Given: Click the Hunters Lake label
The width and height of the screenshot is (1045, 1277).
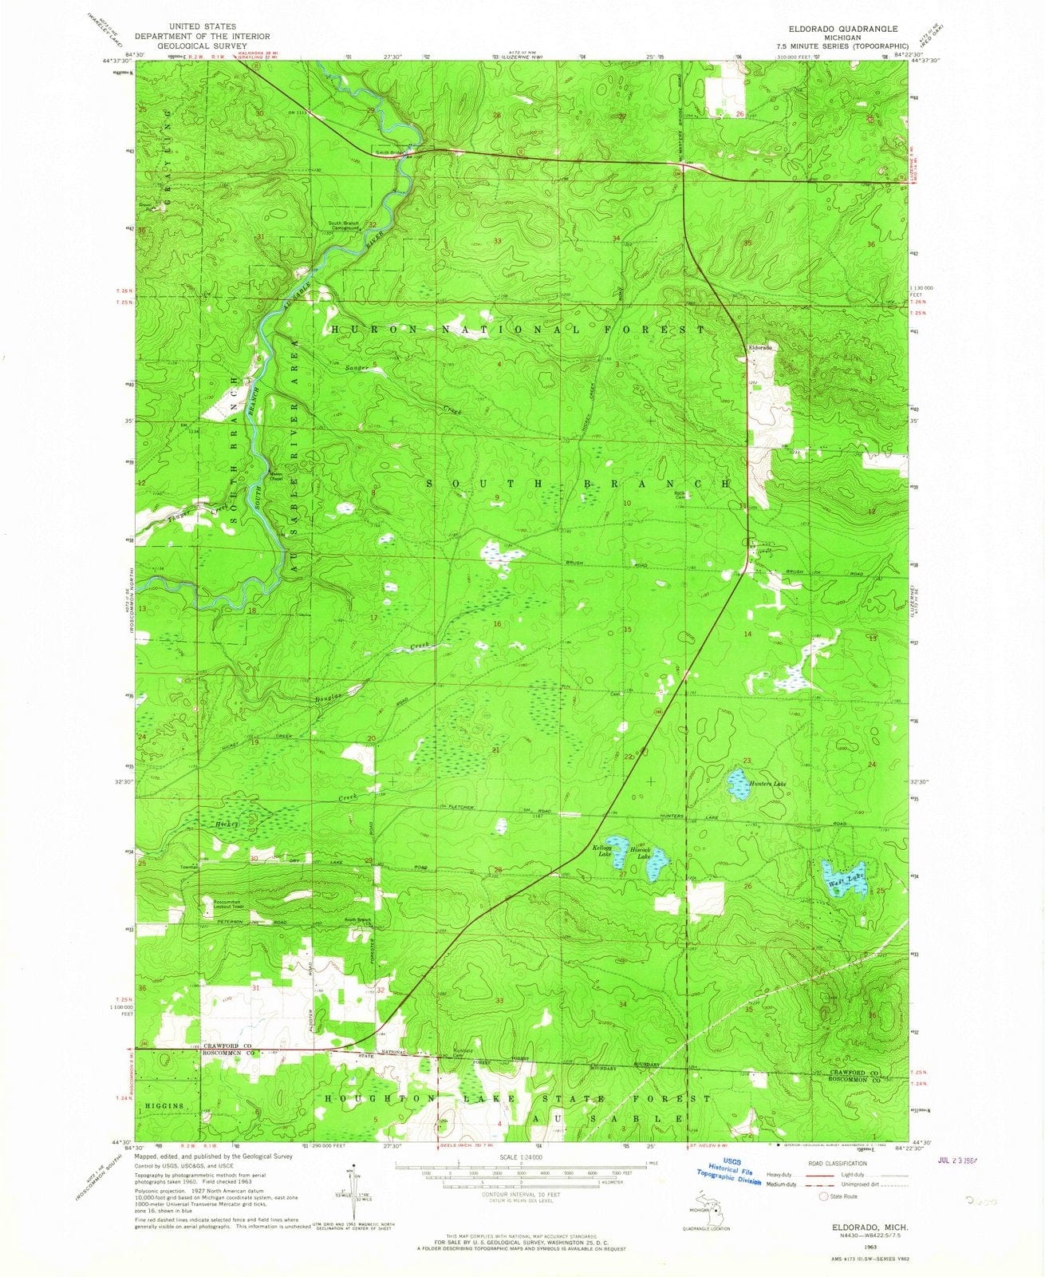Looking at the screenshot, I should coord(768,785).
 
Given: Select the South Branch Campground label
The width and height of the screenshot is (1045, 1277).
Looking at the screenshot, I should coord(344,225).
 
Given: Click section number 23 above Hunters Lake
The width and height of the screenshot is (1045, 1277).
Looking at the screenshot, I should coord(747,761).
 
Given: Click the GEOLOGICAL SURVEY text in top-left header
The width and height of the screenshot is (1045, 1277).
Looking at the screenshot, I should coord(202,46).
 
